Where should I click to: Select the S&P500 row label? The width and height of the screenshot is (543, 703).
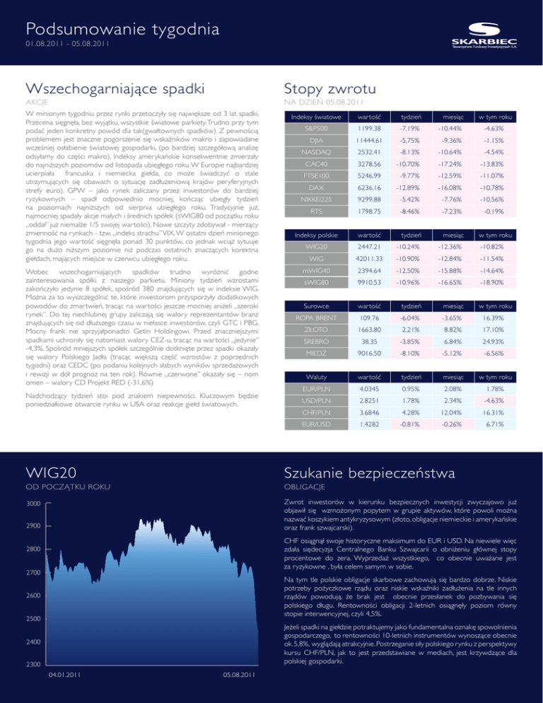(316, 129)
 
